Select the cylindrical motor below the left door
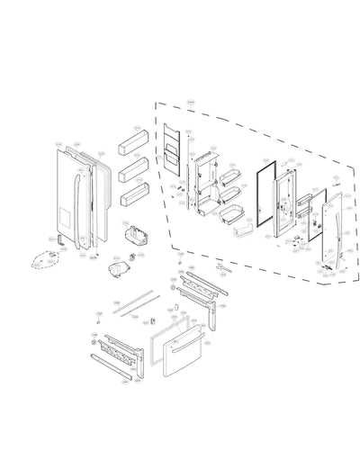(x=116, y=268)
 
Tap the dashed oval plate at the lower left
(x=42, y=260)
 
